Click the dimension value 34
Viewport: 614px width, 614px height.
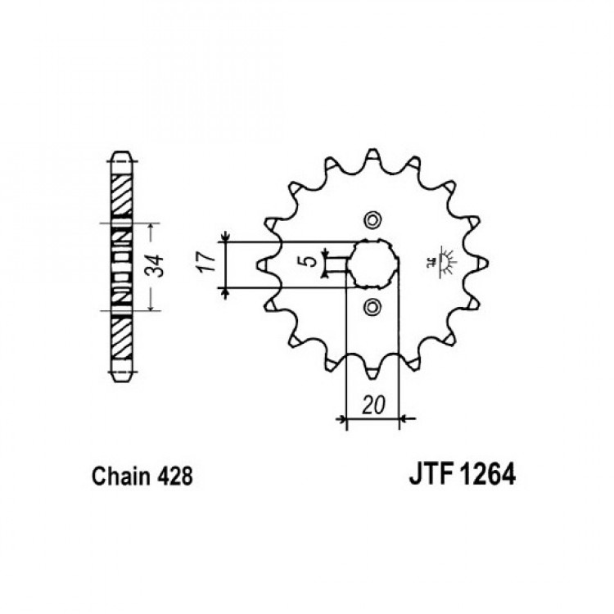tap(156, 266)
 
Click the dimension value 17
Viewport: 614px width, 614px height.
tap(208, 263)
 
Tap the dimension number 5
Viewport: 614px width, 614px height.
tap(311, 261)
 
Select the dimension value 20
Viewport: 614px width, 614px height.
tap(373, 405)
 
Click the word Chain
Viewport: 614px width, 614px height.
tap(121, 476)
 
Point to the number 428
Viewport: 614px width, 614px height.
tap(174, 476)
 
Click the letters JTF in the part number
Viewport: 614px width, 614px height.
tap(431, 474)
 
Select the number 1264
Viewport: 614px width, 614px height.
tap(488, 474)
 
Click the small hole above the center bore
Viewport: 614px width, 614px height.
tap(372, 220)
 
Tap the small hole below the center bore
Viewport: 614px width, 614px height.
tap(372, 307)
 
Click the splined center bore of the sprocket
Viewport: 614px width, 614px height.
tap(373, 264)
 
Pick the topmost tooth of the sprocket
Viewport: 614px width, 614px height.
tap(372, 155)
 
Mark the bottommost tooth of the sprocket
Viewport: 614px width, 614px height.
tap(372, 372)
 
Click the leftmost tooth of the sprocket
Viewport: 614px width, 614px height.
tap(263, 264)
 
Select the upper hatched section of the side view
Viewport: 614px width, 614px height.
tap(122, 195)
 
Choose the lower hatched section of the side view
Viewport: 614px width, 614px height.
tap(122, 337)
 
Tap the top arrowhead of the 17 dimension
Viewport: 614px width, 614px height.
tap(226, 237)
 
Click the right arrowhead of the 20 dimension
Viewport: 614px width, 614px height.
tap(404, 419)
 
